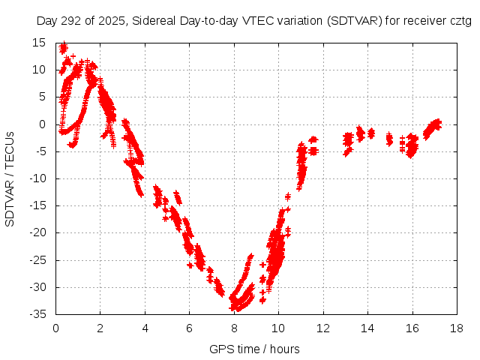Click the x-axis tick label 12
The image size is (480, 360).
coord(323,328)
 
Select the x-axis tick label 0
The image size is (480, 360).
coord(56,328)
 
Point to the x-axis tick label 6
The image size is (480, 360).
coord(190,328)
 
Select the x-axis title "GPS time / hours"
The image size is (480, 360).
coord(255,349)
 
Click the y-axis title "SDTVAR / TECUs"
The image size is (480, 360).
coord(10,178)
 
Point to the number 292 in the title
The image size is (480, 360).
coord(74,22)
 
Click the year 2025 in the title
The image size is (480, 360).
coord(112,22)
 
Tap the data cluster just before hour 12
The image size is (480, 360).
coord(313,145)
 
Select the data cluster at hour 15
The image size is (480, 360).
coord(389,139)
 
